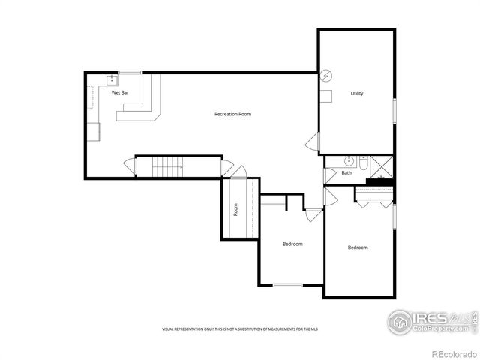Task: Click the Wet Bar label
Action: point(120,93)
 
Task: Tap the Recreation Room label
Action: point(232,114)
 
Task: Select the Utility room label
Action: point(357,93)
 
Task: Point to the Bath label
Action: point(346,173)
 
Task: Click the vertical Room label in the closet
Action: point(235,211)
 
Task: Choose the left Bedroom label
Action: point(292,244)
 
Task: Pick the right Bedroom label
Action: point(357,247)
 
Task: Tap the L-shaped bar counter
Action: point(147,105)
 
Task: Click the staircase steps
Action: point(169,166)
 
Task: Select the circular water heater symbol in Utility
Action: point(325,75)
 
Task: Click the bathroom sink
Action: point(349,161)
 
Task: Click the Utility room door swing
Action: point(313,142)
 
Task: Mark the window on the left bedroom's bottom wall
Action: point(287,285)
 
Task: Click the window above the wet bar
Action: point(130,72)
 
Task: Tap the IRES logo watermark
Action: point(427,321)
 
